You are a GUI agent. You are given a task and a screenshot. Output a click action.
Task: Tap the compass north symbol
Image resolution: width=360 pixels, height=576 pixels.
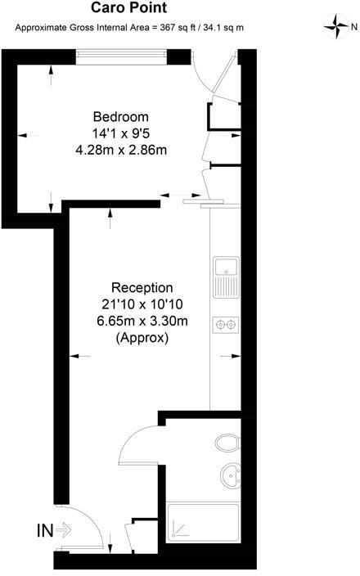click(336, 28)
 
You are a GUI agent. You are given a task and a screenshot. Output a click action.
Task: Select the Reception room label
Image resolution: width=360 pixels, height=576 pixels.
click(142, 288)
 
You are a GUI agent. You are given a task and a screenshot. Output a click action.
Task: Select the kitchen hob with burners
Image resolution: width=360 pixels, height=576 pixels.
click(225, 325)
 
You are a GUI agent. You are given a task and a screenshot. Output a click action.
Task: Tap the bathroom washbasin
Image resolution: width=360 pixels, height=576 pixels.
click(232, 474)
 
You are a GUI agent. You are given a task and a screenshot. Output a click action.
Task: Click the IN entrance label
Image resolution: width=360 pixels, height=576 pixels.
click(46, 530)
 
